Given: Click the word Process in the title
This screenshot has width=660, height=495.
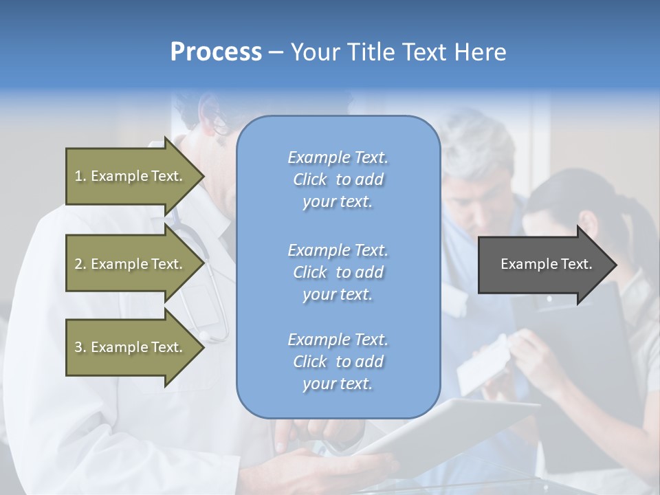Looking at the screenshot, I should (x=216, y=52).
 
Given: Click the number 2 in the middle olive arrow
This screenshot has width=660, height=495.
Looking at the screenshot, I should (x=78, y=264).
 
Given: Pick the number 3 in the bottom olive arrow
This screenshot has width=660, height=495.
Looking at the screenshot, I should (x=78, y=347).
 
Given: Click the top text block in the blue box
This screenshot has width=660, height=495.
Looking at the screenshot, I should (x=338, y=179).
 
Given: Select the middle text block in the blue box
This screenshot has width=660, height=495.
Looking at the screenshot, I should (x=338, y=272).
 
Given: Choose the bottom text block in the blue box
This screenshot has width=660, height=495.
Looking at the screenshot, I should (x=338, y=362).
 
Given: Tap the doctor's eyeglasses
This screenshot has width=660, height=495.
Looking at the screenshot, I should (x=219, y=122).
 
